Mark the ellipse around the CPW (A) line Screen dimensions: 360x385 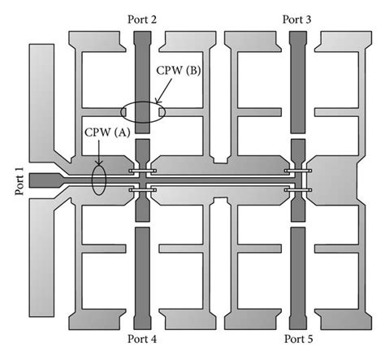click(x=99, y=180)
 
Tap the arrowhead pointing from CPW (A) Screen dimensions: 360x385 click(x=99, y=160)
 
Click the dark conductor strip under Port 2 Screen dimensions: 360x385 click(x=142, y=81)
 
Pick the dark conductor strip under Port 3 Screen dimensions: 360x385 click(x=298, y=81)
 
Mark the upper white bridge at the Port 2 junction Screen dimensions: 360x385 click(x=142, y=171)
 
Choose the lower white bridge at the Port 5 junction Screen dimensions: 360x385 click(x=298, y=191)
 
